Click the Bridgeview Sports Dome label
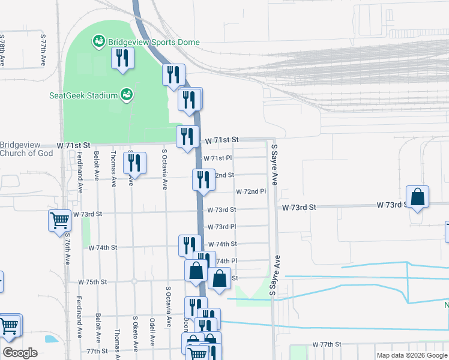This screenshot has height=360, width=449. click(x=154, y=43)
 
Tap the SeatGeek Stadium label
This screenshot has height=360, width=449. click(x=83, y=95)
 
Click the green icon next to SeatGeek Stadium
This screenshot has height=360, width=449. click(x=126, y=94)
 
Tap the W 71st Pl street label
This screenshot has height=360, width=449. click(x=217, y=158)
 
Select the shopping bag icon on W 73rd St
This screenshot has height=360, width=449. click(x=417, y=197)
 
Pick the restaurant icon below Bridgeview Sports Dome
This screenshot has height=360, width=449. click(x=123, y=58)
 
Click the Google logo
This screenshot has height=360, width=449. click(x=20, y=353)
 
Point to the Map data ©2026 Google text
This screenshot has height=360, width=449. click(x=412, y=355)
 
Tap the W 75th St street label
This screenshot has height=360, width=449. click(x=92, y=281)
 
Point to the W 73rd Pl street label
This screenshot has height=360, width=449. click(x=221, y=227)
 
